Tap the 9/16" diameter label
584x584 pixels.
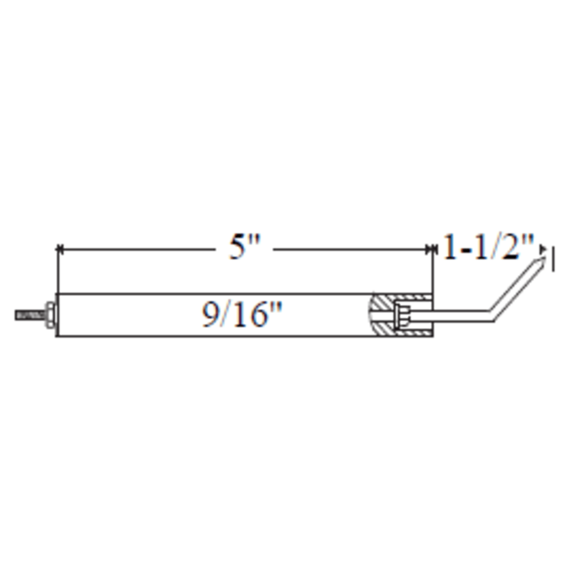242,315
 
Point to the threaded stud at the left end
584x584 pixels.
29,315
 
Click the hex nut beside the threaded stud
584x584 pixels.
50,315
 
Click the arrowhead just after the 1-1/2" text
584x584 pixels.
543,249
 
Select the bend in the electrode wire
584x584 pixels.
491,316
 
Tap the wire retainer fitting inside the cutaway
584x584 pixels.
401,315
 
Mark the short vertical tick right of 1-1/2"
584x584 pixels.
552,260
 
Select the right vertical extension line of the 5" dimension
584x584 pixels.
432,271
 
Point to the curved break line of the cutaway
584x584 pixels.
369,315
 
